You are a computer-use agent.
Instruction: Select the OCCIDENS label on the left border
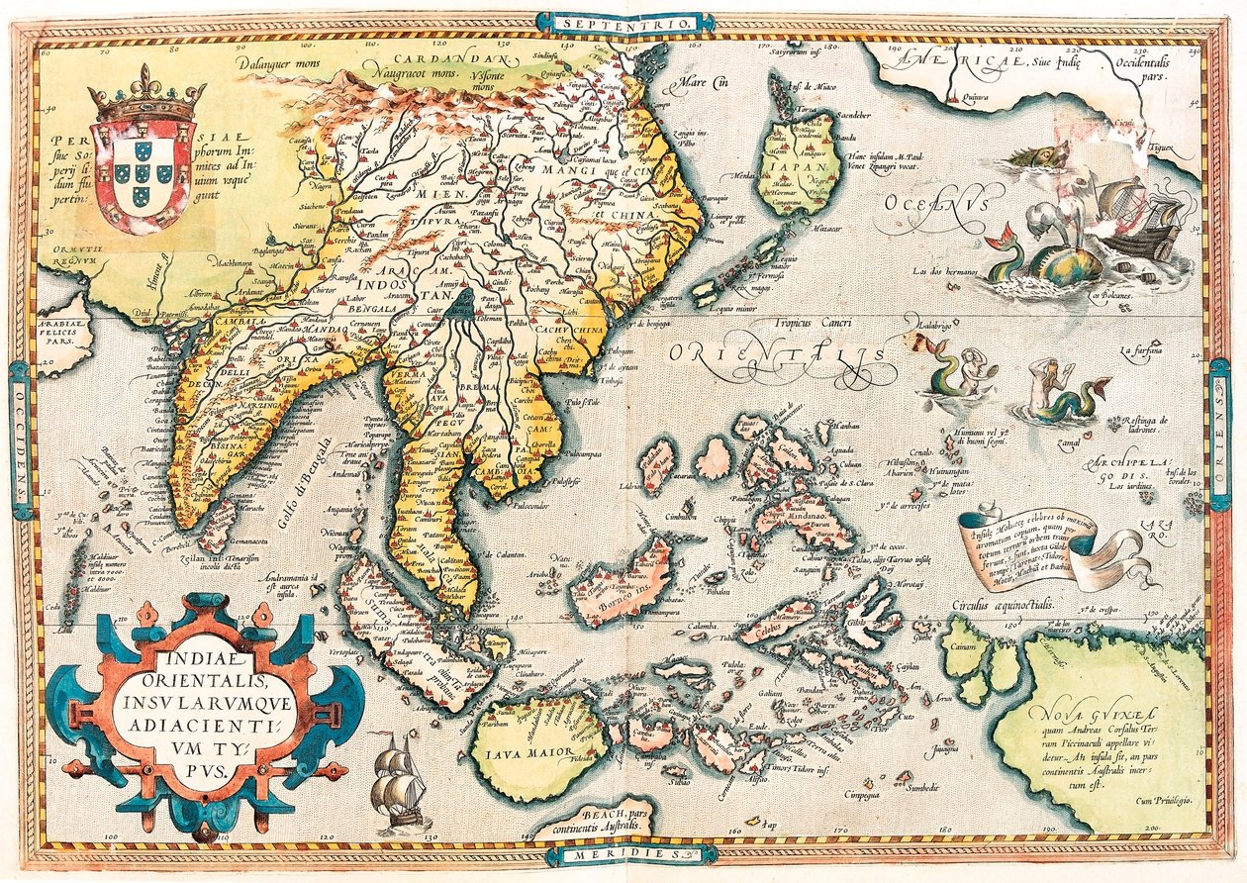coord(20,440)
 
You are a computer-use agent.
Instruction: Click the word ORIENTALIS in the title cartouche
coord(208,681)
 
